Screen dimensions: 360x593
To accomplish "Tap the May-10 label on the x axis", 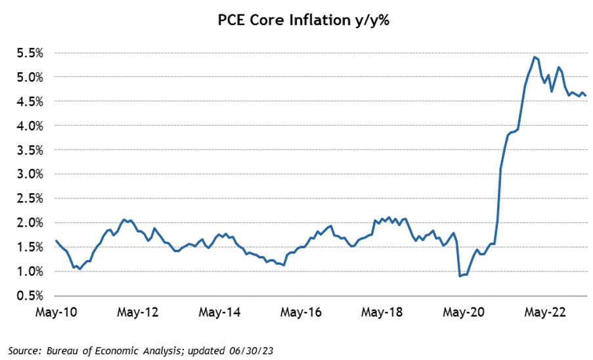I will tap(56, 313).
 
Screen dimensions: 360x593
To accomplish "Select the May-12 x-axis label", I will tap(138, 313).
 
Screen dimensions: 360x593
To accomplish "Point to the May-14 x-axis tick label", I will tap(219, 313).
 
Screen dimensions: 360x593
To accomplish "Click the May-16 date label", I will tap(301, 313).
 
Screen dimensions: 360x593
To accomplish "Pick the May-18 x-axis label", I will tap(383, 313).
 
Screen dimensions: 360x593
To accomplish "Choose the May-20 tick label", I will tap(465, 313).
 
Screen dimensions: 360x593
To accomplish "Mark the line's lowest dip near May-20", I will tap(460, 276).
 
